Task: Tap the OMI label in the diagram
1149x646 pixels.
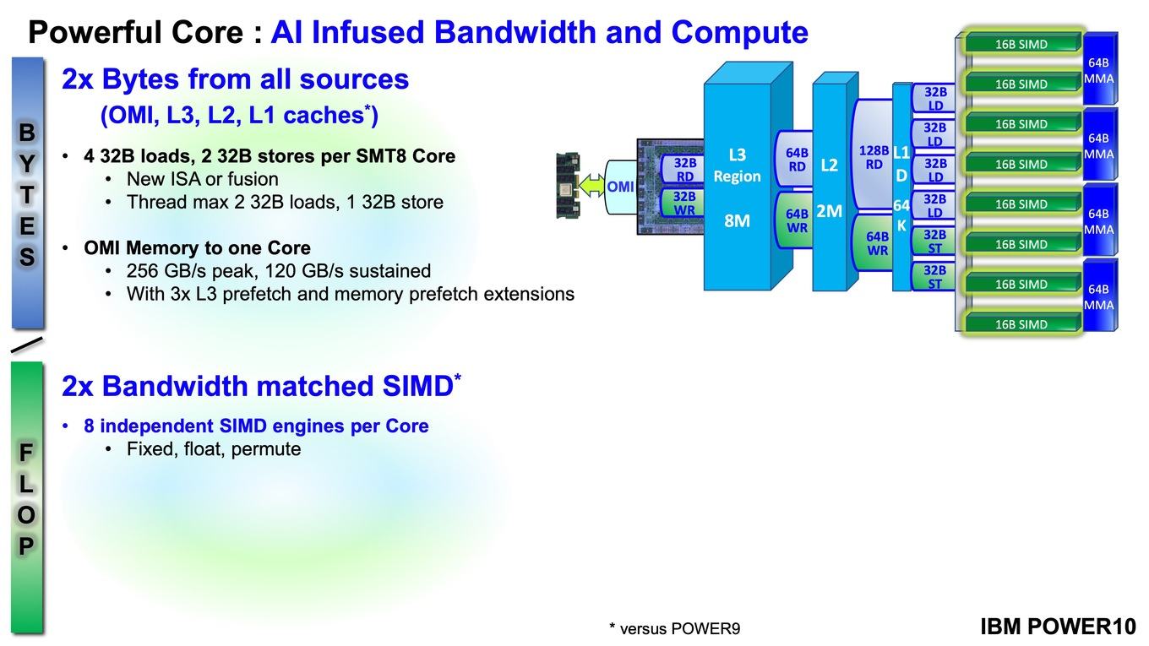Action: click(x=620, y=187)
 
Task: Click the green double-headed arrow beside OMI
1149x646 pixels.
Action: click(x=592, y=185)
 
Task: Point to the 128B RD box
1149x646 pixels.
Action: click(x=873, y=157)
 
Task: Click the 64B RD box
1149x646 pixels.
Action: click(x=796, y=159)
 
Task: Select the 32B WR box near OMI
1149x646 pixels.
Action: click(x=683, y=203)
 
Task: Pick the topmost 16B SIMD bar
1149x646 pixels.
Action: click(x=1021, y=44)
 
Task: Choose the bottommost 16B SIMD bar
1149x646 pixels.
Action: click(x=1021, y=324)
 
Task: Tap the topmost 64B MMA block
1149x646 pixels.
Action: click(x=1100, y=70)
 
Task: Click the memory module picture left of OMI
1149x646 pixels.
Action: click(x=568, y=185)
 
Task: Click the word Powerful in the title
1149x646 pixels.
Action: click(x=96, y=32)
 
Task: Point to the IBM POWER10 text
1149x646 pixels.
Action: click(x=1058, y=627)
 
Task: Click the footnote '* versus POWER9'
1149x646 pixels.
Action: click(x=674, y=628)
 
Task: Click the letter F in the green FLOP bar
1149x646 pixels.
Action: click(x=25, y=453)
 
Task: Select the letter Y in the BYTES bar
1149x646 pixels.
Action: click(x=27, y=164)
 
